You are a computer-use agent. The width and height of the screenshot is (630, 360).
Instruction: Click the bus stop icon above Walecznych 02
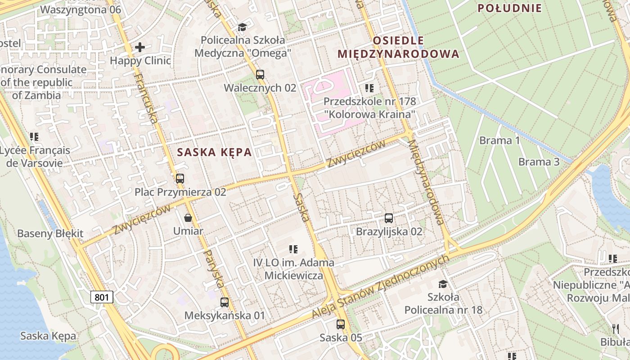tap(260, 74)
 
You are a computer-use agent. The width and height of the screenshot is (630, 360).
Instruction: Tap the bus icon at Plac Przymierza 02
tap(180, 178)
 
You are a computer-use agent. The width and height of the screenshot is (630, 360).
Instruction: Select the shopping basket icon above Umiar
tap(188, 218)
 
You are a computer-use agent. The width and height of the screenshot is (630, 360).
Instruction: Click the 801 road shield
tap(102, 297)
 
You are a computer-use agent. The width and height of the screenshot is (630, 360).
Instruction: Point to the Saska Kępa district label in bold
tap(214, 152)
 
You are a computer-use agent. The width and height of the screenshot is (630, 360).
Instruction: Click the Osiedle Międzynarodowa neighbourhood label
tap(398, 47)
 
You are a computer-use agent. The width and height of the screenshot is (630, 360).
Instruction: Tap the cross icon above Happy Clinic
tap(140, 47)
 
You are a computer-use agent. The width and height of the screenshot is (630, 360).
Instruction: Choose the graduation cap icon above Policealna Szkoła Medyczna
tap(243, 27)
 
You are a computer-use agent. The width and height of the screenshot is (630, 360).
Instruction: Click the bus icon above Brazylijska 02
tap(389, 218)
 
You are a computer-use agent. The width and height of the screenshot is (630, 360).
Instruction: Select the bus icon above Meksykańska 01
tap(225, 302)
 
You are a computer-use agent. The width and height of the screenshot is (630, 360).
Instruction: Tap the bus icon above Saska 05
tap(341, 324)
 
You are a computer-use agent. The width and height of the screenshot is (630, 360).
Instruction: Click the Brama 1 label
tap(499, 140)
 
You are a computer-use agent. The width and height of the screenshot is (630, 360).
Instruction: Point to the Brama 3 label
tap(539, 162)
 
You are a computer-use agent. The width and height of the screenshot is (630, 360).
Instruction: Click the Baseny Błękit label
tap(50, 234)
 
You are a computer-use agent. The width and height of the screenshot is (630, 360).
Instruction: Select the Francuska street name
tap(147, 99)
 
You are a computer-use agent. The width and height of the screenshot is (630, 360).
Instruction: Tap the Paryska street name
tap(214, 269)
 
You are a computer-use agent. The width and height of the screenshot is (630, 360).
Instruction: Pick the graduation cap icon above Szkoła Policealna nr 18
tap(443, 284)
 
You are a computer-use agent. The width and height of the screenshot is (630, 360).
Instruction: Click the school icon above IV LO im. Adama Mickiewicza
tap(293, 249)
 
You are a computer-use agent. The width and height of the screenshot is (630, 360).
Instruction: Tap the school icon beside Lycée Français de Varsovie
tap(34, 136)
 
